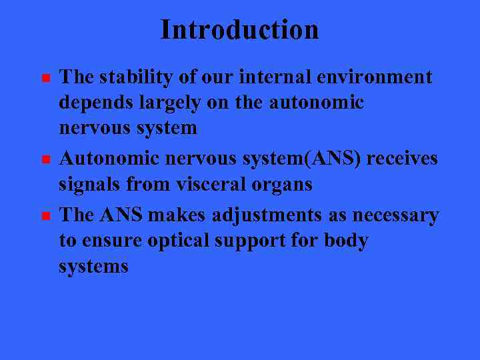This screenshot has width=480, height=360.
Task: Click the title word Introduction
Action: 239,30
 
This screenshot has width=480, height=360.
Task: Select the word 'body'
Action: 346,241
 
